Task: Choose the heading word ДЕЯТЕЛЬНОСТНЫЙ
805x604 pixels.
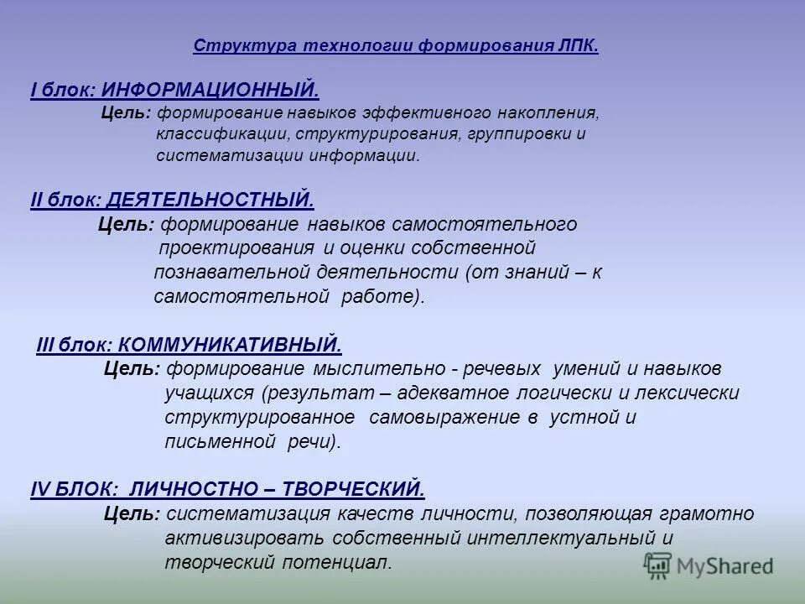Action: pos(210,200)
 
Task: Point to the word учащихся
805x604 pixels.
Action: pos(208,393)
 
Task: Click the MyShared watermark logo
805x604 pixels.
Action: pos(709,565)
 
